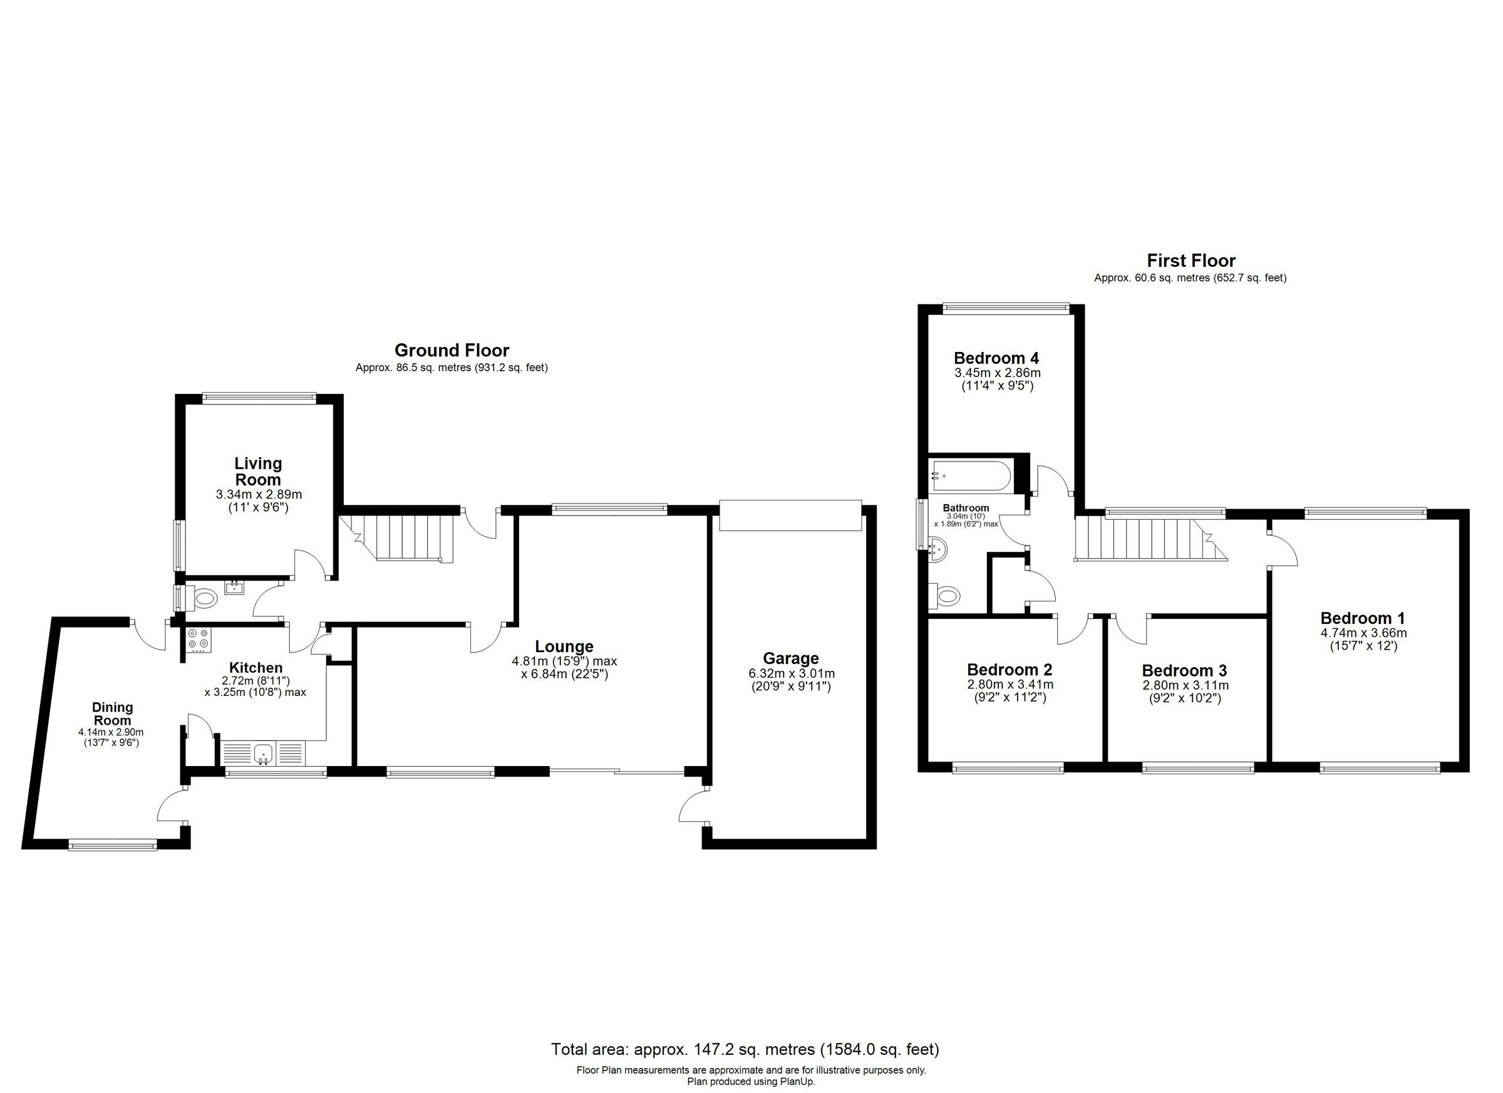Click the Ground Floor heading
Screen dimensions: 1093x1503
(x=452, y=350)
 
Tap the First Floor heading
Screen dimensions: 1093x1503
(x=1191, y=261)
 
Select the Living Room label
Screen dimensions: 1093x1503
(x=258, y=471)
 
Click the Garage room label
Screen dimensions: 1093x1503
(x=790, y=658)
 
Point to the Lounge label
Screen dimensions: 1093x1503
(x=564, y=646)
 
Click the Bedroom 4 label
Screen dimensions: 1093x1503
(x=996, y=358)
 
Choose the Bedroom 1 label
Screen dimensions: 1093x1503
(x=1363, y=618)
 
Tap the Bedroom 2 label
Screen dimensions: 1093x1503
(x=1010, y=670)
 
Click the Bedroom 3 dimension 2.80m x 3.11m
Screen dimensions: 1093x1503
(x=1184, y=685)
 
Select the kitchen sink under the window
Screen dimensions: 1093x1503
(x=264, y=753)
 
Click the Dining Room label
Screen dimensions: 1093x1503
(x=112, y=714)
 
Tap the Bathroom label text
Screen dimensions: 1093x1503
(x=966, y=509)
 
